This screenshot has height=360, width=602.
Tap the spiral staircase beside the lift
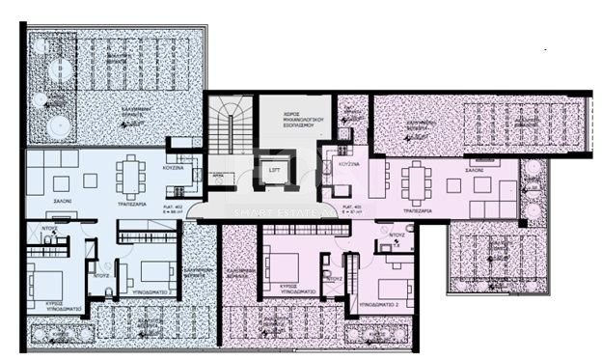(229, 136)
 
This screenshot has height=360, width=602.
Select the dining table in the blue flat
(131, 177)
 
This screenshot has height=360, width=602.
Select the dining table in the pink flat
(416, 180)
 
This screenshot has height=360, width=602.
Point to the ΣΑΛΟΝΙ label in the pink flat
(476, 167)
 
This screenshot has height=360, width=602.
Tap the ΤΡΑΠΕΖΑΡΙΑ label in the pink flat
(416, 208)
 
